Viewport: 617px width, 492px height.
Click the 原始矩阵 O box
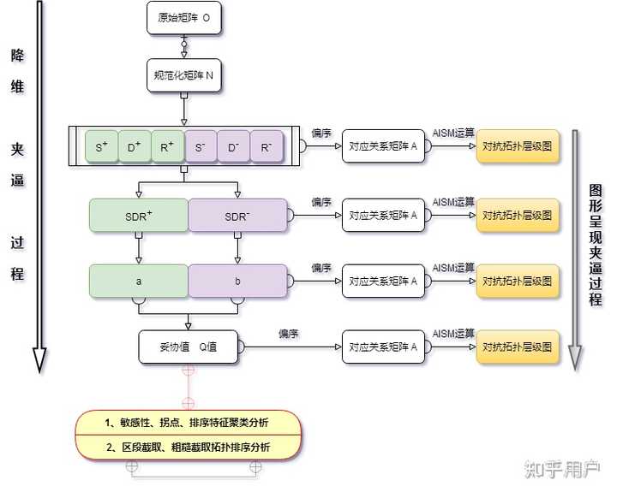tap(184, 17)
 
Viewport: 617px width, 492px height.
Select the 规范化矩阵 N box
tap(184, 75)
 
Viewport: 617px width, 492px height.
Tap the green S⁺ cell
tap(102, 147)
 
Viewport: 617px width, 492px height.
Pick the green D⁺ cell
tap(135, 147)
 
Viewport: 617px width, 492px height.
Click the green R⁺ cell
tap(167, 147)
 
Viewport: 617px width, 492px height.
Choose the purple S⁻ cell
tap(201, 147)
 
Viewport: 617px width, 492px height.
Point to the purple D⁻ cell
tap(233, 147)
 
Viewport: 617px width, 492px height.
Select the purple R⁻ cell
tap(267, 147)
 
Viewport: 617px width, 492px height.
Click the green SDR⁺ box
tap(139, 216)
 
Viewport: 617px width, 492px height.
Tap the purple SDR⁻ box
tap(237, 216)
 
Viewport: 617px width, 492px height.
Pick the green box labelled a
tap(139, 281)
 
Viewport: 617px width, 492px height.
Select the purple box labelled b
tap(237, 281)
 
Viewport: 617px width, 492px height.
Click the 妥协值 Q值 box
tap(188, 347)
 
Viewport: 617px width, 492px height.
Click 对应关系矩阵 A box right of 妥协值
tap(383, 347)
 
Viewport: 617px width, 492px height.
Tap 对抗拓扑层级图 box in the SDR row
tap(517, 216)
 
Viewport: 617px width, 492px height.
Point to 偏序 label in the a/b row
tap(321, 268)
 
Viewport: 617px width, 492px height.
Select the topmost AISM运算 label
tap(452, 132)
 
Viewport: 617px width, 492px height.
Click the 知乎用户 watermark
tap(563, 469)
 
